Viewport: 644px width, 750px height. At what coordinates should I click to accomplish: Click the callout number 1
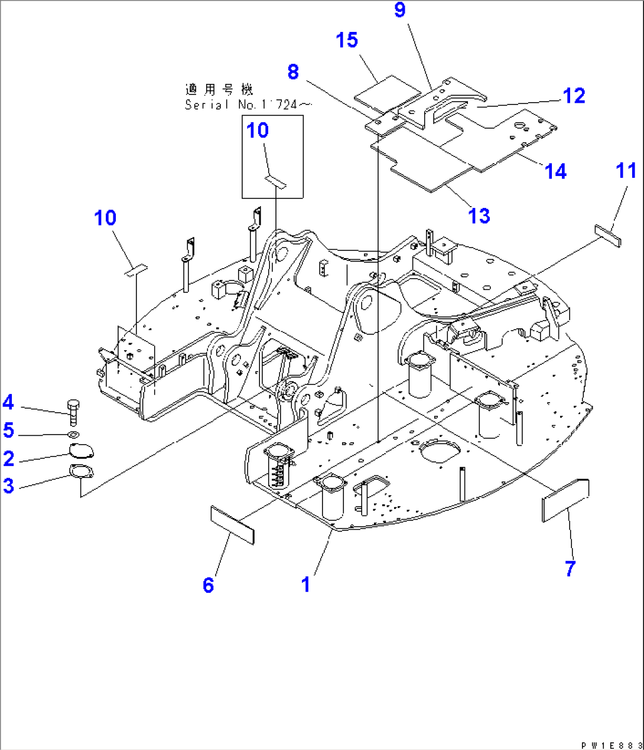[x=305, y=585]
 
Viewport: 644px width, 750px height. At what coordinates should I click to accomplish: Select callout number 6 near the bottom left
[x=209, y=585]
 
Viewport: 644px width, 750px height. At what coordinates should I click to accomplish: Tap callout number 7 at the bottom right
[x=570, y=568]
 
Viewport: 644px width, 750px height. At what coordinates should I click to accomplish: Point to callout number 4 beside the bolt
[x=8, y=403]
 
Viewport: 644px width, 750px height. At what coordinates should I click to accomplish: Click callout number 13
[x=479, y=216]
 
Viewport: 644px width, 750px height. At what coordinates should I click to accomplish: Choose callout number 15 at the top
[x=347, y=40]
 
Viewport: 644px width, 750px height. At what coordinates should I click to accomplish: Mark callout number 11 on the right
[x=626, y=171]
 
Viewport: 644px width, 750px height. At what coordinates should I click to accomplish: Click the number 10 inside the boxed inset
[x=258, y=130]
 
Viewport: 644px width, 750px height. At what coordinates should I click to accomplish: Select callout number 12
[x=573, y=96]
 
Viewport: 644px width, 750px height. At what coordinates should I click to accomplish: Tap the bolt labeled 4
[x=73, y=412]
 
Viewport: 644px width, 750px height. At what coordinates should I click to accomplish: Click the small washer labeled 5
[x=74, y=435]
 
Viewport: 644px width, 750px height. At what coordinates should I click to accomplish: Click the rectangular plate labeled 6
[x=232, y=524]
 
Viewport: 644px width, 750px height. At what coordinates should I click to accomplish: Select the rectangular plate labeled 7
[x=565, y=500]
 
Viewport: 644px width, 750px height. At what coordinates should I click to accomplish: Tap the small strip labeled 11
[x=607, y=235]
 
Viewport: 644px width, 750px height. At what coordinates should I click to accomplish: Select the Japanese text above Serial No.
[x=219, y=90]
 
